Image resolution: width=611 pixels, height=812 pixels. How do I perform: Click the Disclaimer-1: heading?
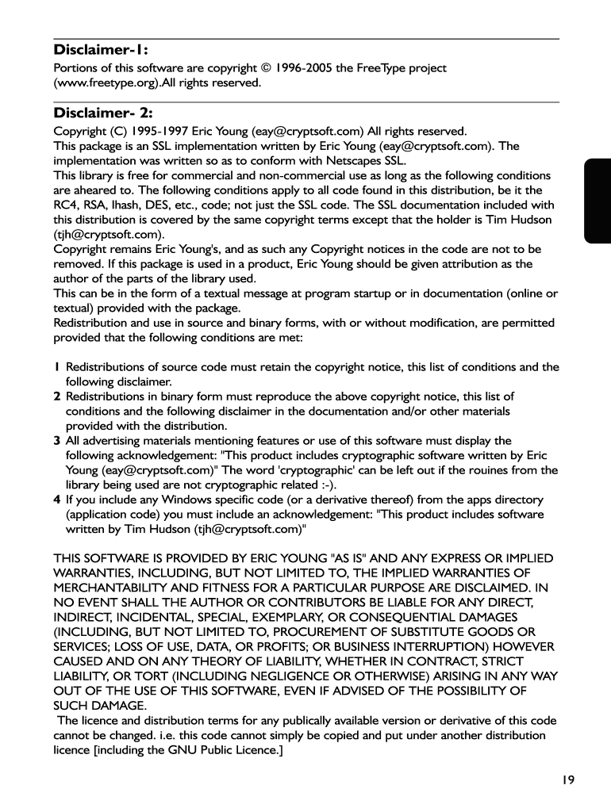coord(101,51)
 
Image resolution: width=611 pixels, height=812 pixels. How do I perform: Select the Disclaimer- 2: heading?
coord(103,113)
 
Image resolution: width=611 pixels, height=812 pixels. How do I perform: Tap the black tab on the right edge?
coord(598,201)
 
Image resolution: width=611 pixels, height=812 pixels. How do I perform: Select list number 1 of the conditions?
coord(56,367)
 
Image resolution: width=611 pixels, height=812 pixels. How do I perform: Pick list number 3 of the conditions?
coord(57,441)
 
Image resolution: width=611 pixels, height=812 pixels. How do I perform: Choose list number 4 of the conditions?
coord(57,500)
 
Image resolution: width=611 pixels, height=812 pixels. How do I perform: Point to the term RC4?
coord(65,205)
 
